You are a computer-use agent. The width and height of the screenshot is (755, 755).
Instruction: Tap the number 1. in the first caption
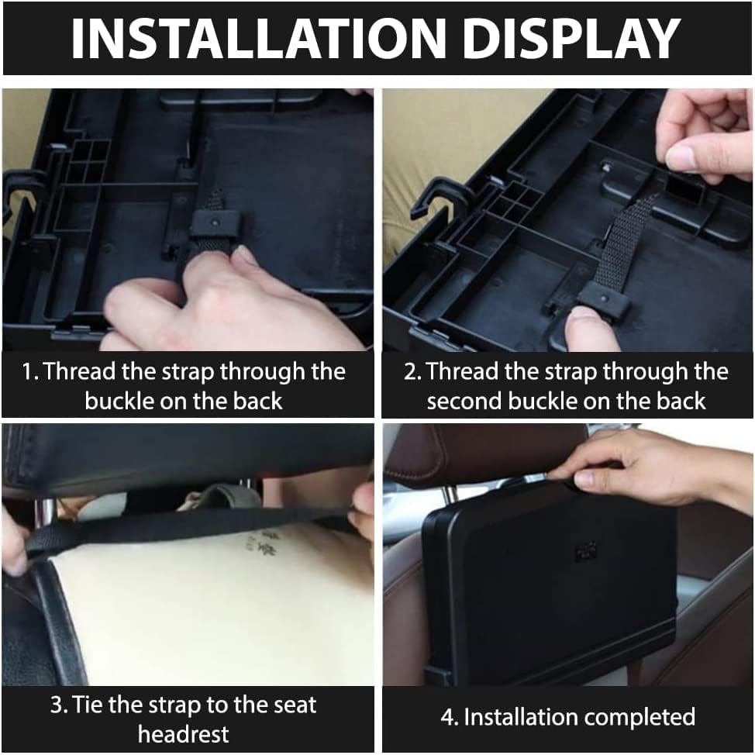point(30,371)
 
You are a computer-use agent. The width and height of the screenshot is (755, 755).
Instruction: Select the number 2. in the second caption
point(412,371)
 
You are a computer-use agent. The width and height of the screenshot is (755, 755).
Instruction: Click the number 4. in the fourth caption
point(450,717)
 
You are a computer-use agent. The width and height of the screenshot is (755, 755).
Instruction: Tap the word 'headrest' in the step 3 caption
point(183,733)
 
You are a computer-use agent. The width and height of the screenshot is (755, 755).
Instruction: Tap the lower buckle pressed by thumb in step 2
point(601,299)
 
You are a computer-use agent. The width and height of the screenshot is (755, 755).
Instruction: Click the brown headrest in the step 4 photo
point(481,453)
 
